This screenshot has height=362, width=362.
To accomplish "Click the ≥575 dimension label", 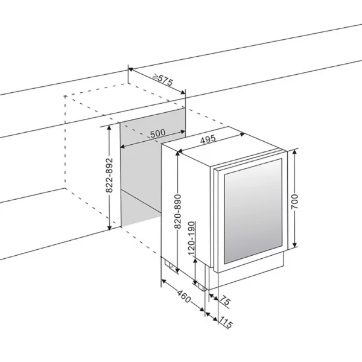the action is tap(164, 80).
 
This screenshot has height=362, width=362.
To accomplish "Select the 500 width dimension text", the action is tap(158, 133).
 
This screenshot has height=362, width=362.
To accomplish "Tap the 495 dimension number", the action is tap(208, 139).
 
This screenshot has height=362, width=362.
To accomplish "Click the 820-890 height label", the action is tap(178, 211).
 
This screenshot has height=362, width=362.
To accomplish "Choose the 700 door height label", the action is tap(294, 202).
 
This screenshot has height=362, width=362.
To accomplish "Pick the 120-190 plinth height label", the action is tap(192, 238).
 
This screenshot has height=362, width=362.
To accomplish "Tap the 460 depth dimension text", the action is tap(184, 296).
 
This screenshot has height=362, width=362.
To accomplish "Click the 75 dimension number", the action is tap(224, 301).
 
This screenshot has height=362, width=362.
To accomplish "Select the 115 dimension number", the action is tap(225, 322).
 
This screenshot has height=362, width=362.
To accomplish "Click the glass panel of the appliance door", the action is tap(253, 211).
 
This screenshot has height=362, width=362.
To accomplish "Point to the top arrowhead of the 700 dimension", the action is tap(294, 152).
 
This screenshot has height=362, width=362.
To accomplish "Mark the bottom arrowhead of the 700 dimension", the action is tap(294, 244).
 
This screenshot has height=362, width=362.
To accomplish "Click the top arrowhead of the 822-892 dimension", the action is tap(110, 129).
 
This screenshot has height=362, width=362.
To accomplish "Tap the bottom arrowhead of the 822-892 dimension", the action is tap(110, 227).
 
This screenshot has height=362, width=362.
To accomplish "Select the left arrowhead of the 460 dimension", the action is tap(164, 281).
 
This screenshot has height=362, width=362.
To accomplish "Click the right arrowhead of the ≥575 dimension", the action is tap(183, 92).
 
